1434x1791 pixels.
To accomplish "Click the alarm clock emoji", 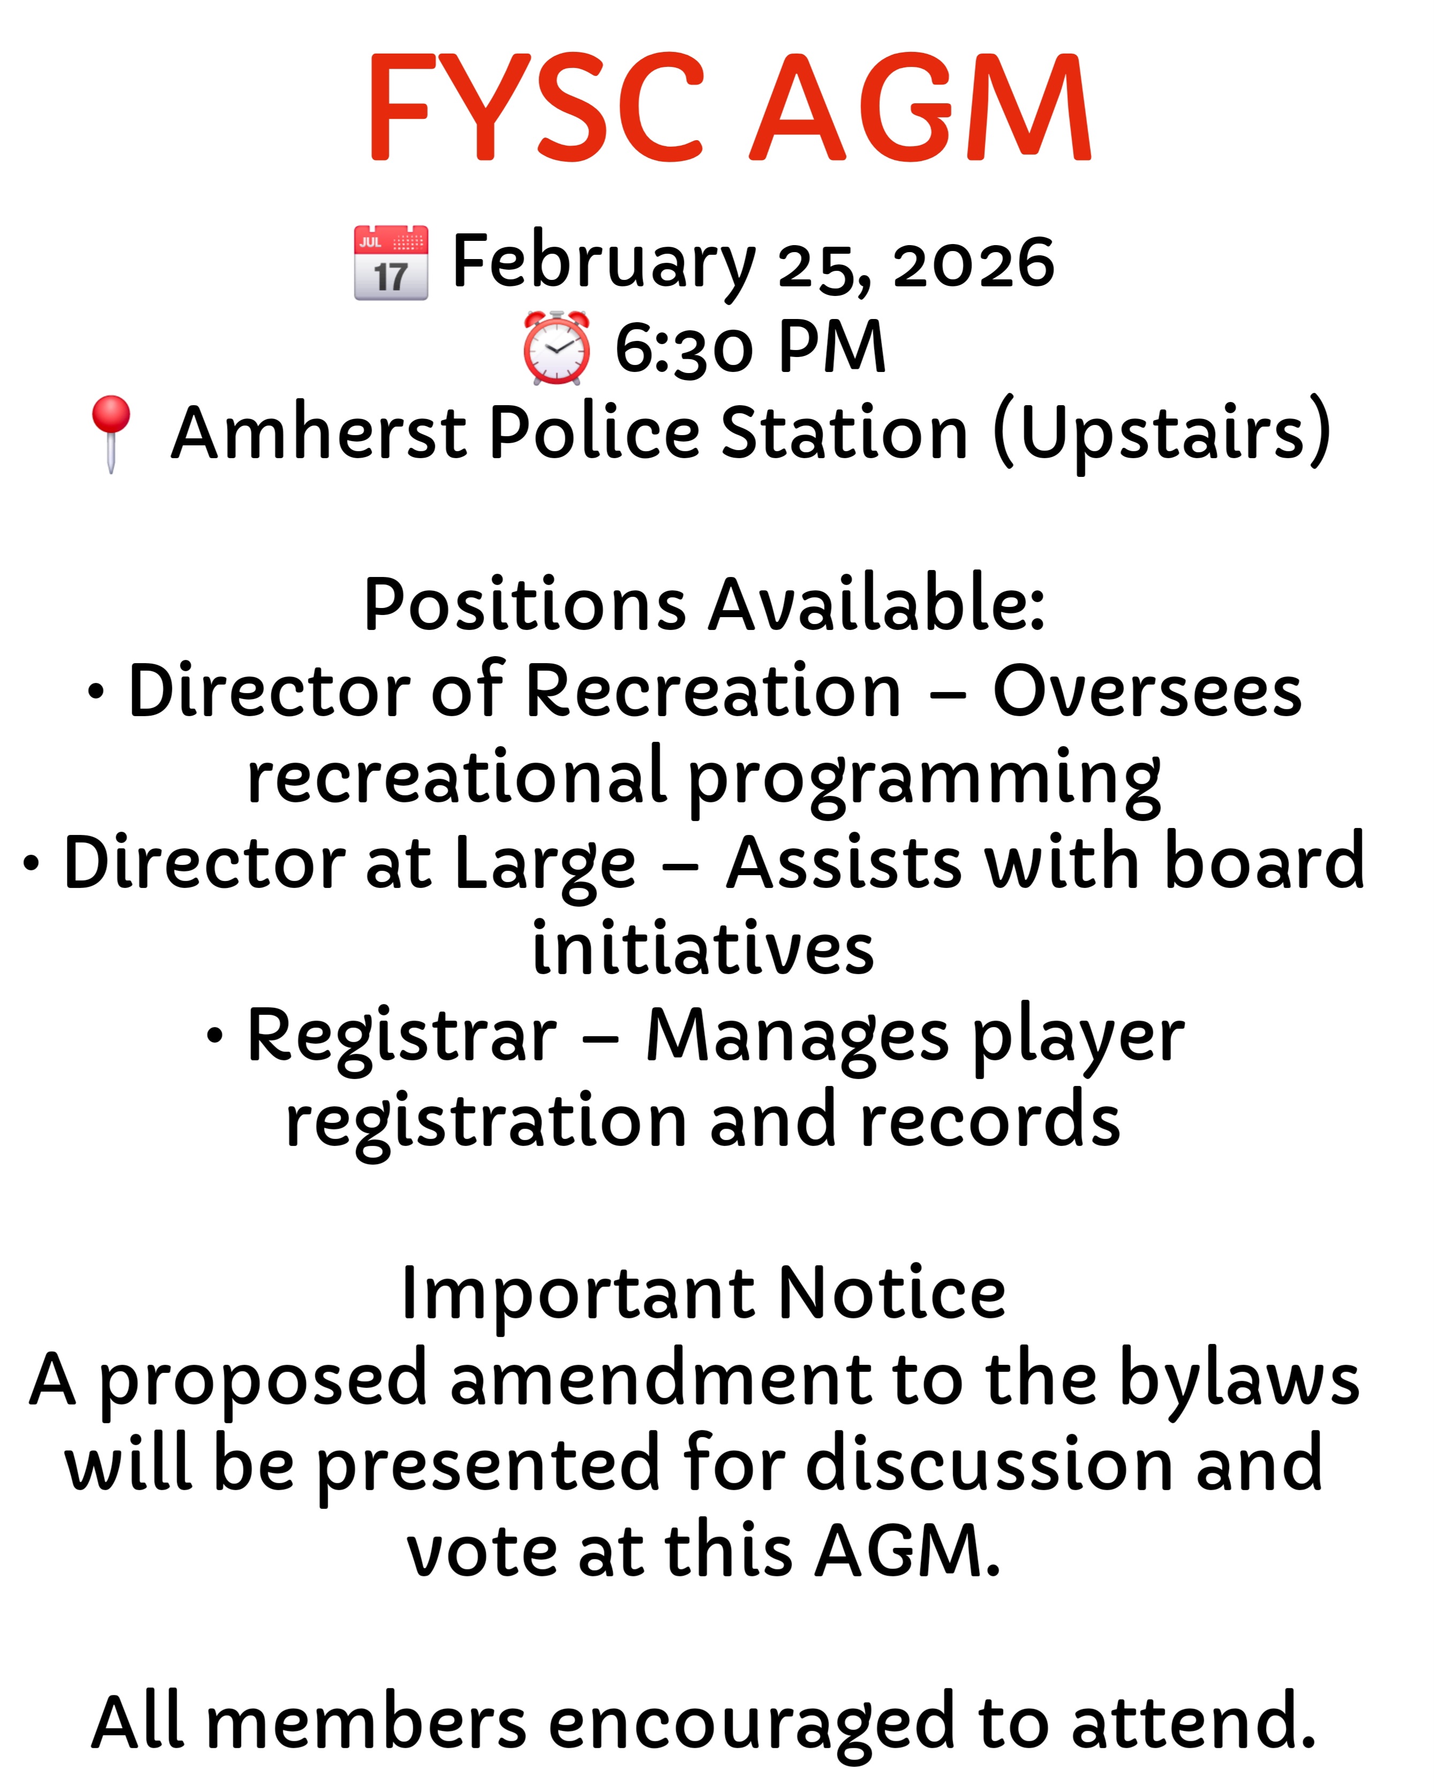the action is coord(557,347).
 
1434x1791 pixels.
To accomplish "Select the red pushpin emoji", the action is coord(111,434).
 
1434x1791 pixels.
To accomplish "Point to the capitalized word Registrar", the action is coord(402,1037).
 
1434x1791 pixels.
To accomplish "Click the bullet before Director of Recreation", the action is coord(96,692).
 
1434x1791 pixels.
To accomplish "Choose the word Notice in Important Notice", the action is coord(892,1293).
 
